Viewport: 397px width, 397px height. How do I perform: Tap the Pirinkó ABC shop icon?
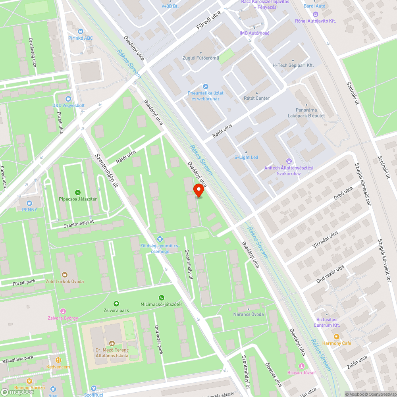point(81,31)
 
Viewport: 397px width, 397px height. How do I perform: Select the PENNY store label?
point(30,210)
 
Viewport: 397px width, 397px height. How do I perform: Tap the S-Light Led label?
point(246,157)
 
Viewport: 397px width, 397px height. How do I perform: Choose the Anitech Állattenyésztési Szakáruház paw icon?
point(289,161)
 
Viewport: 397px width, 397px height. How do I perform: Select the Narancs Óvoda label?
point(249,314)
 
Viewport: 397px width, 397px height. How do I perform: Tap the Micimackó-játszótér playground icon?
point(161,298)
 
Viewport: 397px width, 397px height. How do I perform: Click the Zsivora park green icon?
point(116,304)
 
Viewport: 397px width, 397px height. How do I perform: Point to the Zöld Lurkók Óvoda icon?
point(65,274)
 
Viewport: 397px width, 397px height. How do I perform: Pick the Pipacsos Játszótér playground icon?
point(78,192)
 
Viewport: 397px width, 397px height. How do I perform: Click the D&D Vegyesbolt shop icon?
point(69,98)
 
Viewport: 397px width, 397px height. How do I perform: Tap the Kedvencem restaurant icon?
point(58,360)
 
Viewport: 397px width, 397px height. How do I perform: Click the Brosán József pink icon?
point(302,366)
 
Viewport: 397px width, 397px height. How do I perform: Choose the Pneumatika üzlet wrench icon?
point(205,87)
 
